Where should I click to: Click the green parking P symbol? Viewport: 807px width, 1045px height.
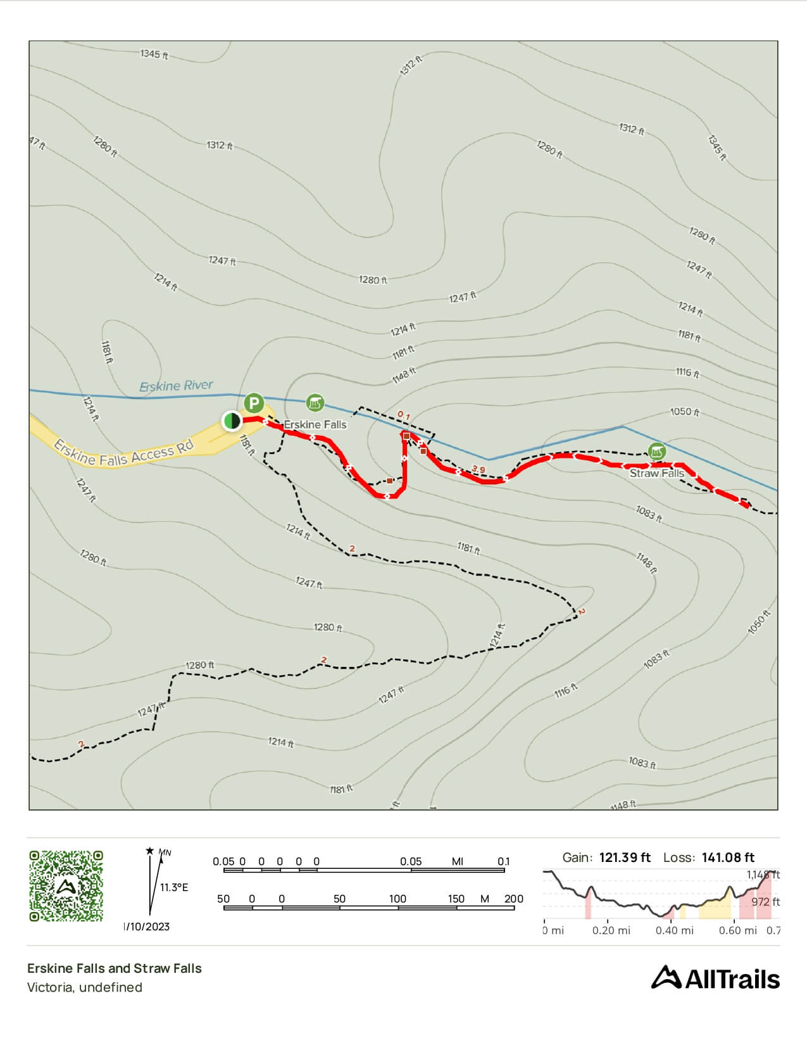point(254,403)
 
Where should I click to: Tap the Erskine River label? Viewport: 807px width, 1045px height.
point(176,386)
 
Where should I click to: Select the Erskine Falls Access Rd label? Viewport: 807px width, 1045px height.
point(123,452)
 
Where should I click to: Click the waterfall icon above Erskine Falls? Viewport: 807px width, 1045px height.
point(315,403)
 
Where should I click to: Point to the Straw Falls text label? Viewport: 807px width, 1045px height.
point(656,473)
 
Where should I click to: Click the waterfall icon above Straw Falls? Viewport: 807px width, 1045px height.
point(657,452)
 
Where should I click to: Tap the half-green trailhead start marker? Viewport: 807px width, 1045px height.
point(232,420)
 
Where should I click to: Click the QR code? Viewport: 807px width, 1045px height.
point(66,885)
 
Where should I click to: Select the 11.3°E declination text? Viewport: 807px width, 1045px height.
point(173,887)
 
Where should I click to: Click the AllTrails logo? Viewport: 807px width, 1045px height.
point(715,978)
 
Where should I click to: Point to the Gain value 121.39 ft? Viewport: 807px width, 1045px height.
point(625,858)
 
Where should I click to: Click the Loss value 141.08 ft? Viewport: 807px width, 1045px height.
point(728,858)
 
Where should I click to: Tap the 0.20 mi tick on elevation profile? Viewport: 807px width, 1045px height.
point(611,930)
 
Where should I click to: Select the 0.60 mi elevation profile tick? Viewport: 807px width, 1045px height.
point(737,930)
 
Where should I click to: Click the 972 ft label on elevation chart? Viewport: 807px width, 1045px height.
point(765,902)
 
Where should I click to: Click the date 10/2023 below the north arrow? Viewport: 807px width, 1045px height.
point(147,927)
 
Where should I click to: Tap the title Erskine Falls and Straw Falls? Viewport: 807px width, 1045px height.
point(114,968)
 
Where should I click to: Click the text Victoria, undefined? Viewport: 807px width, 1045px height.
point(84,987)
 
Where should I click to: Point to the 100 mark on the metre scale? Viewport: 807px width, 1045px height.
point(397,899)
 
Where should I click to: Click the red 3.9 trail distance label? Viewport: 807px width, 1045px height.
point(479,469)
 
